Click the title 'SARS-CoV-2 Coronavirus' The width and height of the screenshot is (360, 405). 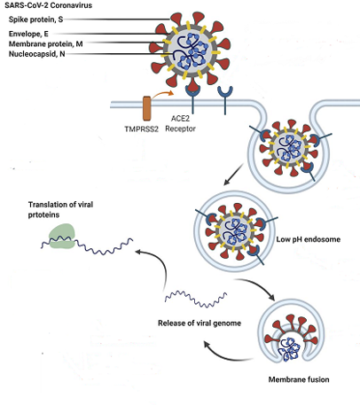(x=48, y=5)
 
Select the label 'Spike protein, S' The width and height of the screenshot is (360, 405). (x=35, y=19)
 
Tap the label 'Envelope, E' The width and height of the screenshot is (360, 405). (x=28, y=34)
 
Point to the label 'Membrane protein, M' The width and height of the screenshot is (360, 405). (x=46, y=44)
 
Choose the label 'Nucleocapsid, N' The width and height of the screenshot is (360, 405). (x=37, y=54)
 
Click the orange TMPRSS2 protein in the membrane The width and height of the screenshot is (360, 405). (x=147, y=108)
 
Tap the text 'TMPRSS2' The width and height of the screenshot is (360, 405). (x=141, y=129)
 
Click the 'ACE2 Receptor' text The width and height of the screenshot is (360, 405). (x=180, y=124)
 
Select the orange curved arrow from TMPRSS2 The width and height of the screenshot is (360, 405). (x=161, y=95)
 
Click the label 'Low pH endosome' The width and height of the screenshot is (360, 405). (x=309, y=239)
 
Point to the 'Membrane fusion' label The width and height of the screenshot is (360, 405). (x=299, y=379)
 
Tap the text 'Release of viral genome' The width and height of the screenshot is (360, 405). (x=200, y=323)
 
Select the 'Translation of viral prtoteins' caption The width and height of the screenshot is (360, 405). (x=60, y=210)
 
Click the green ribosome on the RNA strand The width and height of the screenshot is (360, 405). (x=62, y=237)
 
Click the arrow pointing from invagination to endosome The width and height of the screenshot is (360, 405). (x=233, y=175)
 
